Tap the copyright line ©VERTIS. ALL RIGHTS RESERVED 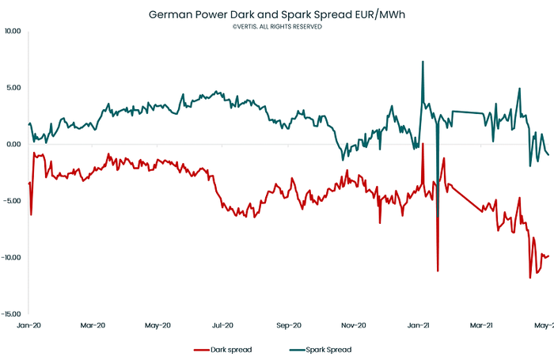click(x=277, y=26)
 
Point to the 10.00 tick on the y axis click(x=13, y=32)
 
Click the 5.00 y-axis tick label click(x=14, y=88)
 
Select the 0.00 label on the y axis click(x=14, y=144)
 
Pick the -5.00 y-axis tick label click(x=13, y=201)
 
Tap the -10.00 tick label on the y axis click(x=12, y=257)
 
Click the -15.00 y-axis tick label click(x=12, y=313)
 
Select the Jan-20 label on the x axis click(x=28, y=325)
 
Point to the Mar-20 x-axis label click(x=93, y=325)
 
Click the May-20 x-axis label click(x=158, y=325)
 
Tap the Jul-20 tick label click(x=223, y=325)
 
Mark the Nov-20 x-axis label click(x=354, y=325)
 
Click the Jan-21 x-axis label click(x=419, y=325)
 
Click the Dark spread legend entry click(x=224, y=349)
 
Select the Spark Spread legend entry click(x=321, y=349)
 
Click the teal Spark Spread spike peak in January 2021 click(x=423, y=62)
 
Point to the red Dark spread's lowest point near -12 click(x=530, y=278)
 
